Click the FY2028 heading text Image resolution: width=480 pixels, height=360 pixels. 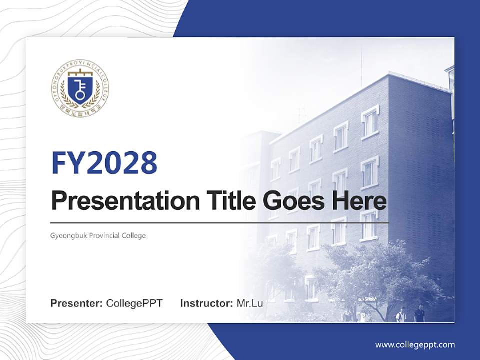[104, 163]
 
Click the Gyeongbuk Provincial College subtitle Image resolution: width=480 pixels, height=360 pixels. [98, 235]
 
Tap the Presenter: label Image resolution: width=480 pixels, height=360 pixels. [77, 303]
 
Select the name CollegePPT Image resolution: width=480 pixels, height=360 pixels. [134, 303]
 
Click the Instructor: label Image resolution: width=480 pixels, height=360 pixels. [206, 303]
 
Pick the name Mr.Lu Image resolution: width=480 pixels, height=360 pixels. [250, 303]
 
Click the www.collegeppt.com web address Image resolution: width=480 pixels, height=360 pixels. [415, 344]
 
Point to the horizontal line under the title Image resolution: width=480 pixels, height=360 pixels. [220, 223]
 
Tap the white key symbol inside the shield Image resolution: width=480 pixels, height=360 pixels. [80, 90]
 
